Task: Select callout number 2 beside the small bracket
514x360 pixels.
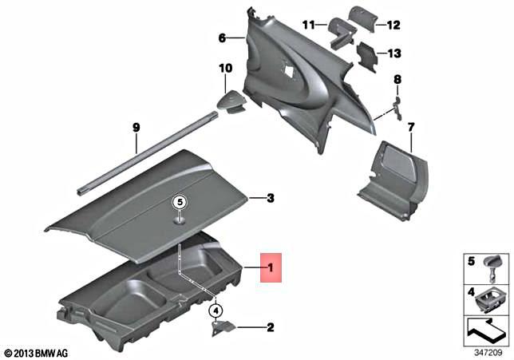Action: coord(270,327)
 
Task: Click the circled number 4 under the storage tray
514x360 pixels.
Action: coord(214,310)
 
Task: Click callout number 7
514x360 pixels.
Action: coord(411,127)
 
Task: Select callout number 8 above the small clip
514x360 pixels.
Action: coord(397,80)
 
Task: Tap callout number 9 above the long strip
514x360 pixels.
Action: coord(136,127)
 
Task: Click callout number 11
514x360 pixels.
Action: coord(309,25)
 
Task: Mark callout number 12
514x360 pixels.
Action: coord(392,26)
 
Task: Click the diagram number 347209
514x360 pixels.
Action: coord(484,351)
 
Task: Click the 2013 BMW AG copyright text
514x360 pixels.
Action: coord(37,352)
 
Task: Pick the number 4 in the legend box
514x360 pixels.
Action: coord(470,293)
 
